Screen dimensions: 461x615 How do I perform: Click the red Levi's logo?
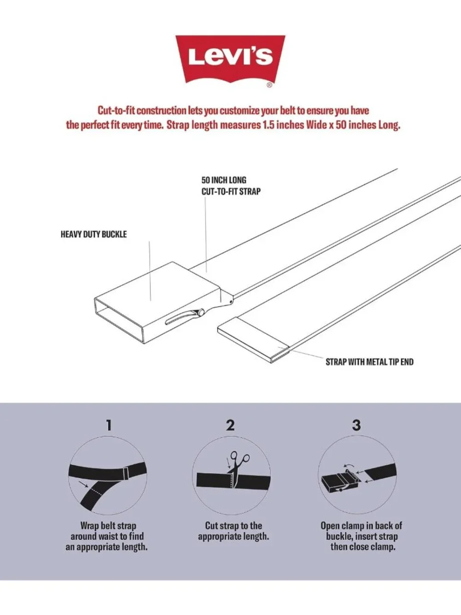click(x=230, y=59)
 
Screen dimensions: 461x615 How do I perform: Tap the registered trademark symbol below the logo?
click(x=269, y=85)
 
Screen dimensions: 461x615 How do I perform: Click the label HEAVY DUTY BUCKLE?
click(x=94, y=234)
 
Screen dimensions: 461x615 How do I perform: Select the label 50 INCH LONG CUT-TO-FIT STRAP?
click(x=231, y=186)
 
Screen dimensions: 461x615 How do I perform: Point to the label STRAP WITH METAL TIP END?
click(x=369, y=362)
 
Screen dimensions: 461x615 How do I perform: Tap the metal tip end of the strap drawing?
click(x=253, y=340)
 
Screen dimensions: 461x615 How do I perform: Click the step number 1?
click(x=109, y=425)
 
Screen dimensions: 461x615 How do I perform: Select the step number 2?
click(x=230, y=425)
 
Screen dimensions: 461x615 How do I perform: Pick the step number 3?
click(x=356, y=425)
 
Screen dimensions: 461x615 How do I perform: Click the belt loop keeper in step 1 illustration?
click(x=126, y=473)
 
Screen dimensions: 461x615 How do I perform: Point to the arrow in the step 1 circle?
click(x=84, y=484)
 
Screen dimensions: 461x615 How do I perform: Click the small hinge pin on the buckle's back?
click(x=230, y=301)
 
